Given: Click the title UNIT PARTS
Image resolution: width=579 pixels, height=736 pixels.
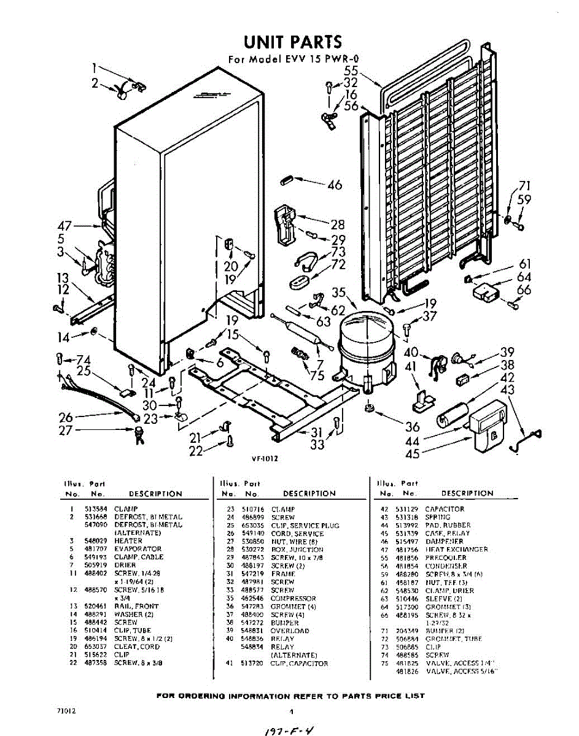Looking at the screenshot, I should click(292, 42).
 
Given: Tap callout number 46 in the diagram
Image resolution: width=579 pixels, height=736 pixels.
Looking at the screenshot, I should click(335, 184).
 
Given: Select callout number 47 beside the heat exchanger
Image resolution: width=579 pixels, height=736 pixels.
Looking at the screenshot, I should click(66, 226).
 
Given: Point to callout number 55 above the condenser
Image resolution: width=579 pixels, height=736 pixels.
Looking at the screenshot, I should click(351, 71).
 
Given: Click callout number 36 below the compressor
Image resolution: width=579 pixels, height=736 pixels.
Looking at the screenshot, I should click(395, 427).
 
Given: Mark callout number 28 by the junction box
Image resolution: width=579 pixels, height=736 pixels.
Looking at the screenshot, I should click(338, 224).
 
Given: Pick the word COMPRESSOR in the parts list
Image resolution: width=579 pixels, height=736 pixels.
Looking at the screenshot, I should click(293, 598).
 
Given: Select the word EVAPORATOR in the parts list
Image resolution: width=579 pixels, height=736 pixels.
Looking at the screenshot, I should click(138, 549).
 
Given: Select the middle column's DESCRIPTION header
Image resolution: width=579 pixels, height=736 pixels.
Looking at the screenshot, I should click(309, 493).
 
